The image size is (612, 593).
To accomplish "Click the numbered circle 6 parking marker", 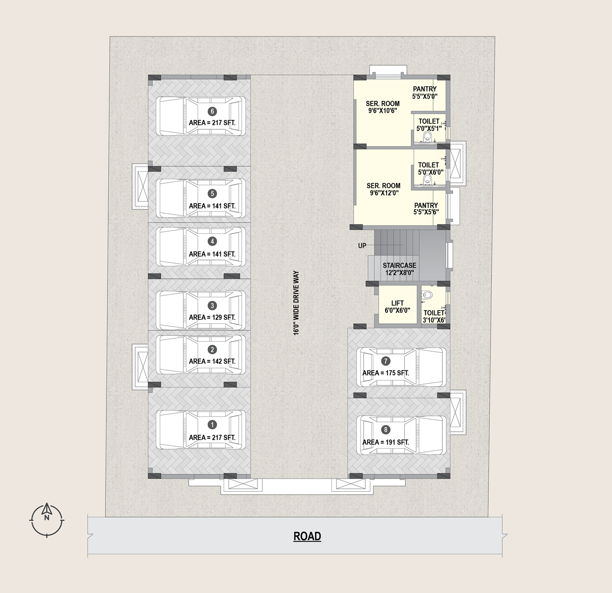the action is (x=212, y=111).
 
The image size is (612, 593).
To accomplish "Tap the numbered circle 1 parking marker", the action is (x=212, y=425).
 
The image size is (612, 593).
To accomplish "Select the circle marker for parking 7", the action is (x=386, y=361).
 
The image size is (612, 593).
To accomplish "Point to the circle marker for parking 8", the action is (x=386, y=430).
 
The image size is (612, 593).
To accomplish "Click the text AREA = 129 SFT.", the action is (x=212, y=317).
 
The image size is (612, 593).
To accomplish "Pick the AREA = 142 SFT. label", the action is (x=212, y=361).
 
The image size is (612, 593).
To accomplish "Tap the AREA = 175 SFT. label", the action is (x=386, y=373).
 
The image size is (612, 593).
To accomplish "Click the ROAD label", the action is (x=307, y=536).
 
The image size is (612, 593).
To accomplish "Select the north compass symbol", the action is (x=47, y=520).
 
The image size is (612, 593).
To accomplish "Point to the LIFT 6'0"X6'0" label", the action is (x=397, y=306).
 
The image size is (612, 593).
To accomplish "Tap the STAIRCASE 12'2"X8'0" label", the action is (x=400, y=269).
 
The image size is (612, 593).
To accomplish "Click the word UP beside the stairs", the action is (x=362, y=246).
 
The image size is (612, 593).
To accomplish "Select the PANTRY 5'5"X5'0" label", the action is (x=425, y=93).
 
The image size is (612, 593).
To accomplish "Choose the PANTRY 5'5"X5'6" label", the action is (x=426, y=209).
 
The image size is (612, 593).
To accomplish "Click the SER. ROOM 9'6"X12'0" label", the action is (x=383, y=189).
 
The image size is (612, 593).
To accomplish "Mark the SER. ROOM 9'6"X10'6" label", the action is (x=383, y=107).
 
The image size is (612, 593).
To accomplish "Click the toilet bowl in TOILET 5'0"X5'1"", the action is (x=428, y=136).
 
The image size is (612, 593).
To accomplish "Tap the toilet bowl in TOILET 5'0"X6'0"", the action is (x=428, y=180).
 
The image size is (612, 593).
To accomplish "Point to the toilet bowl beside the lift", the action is (x=428, y=294).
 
